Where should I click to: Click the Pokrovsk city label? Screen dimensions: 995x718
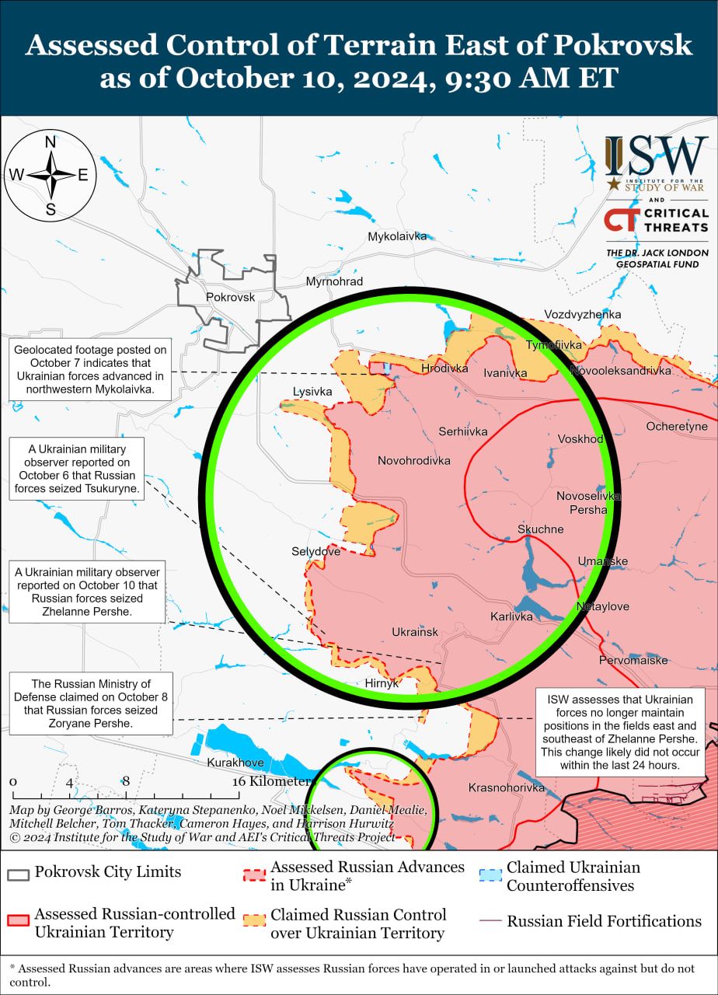(230, 297)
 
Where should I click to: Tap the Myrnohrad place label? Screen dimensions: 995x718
(334, 281)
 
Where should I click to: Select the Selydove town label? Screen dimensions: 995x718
(315, 551)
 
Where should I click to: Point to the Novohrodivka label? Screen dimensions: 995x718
(413, 461)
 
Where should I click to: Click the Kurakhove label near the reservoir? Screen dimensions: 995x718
(235, 763)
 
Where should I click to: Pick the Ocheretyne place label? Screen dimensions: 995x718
(677, 426)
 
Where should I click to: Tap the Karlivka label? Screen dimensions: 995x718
(511, 616)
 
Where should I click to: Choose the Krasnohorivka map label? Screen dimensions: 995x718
(507, 787)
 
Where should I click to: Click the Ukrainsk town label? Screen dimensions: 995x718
(415, 632)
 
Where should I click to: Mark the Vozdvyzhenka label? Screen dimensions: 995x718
(582, 314)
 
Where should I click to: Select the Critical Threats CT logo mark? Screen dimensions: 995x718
(622, 220)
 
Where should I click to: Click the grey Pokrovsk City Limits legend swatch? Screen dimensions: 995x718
(18, 873)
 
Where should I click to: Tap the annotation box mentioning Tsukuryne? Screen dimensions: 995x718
(76, 468)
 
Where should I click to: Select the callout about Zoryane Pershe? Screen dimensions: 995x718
(91, 703)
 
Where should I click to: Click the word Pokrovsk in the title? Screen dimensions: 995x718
(622, 45)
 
